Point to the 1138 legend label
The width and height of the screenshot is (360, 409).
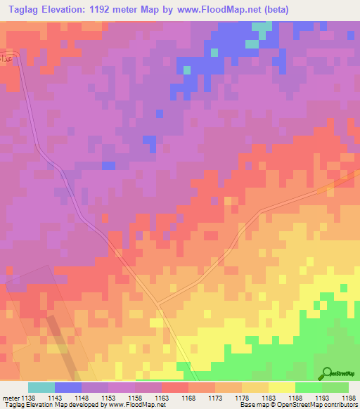(28, 398)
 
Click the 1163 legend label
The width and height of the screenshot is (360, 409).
(162, 398)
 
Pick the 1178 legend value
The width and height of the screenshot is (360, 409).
(241, 398)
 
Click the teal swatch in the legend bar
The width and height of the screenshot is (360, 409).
(41, 387)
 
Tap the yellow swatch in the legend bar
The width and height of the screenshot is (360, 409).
(281, 387)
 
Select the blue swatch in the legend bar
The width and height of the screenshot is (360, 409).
(68, 387)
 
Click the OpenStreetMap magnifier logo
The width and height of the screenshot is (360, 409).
(327, 374)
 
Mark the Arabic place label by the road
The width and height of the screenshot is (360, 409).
(7, 56)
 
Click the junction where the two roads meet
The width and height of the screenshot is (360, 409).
(157, 305)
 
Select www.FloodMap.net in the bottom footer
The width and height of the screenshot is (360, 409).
(142, 405)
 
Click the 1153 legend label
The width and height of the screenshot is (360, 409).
(108, 398)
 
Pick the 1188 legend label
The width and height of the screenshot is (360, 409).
(295, 398)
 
